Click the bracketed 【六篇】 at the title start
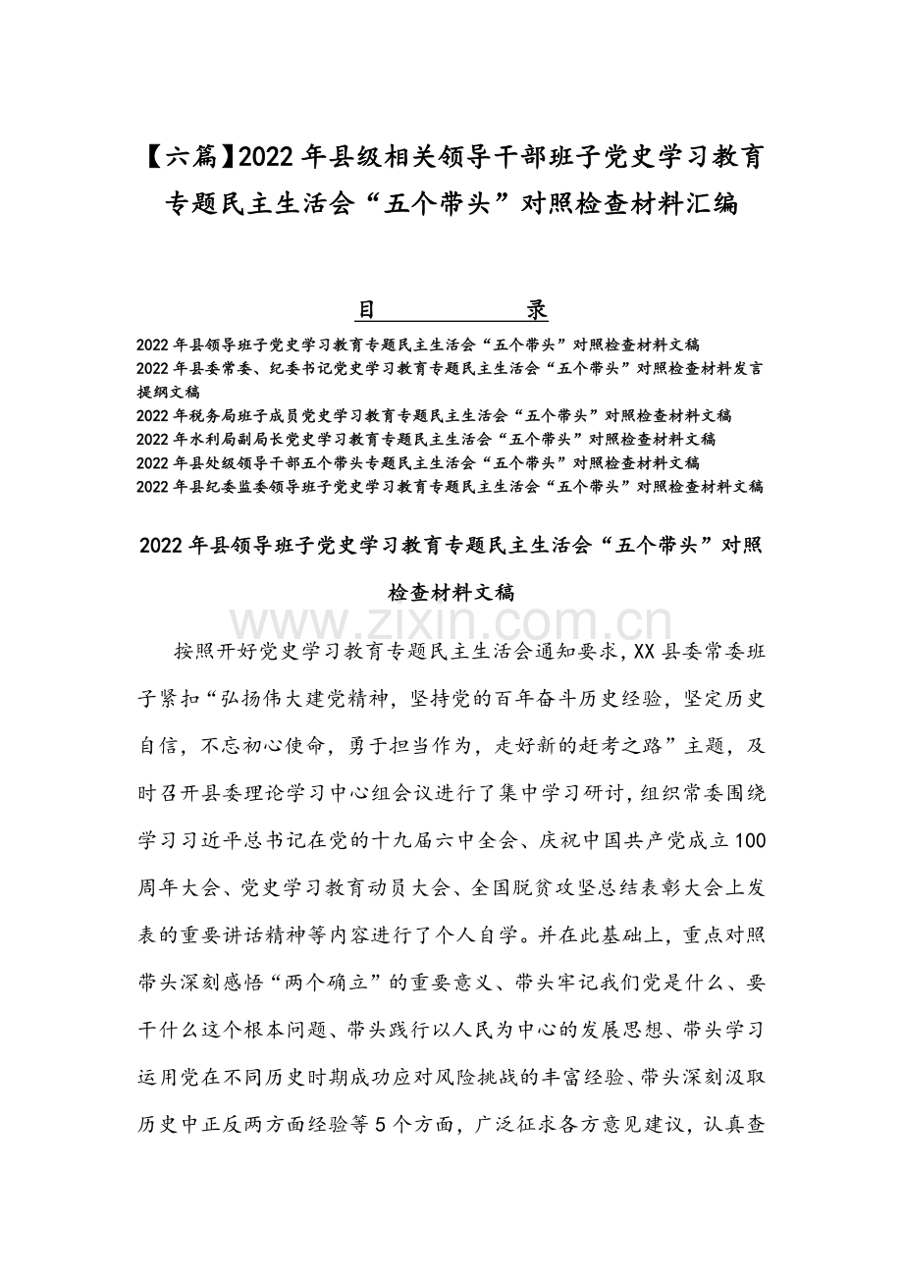click(187, 155)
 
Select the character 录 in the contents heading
click(536, 310)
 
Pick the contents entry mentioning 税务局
click(435, 415)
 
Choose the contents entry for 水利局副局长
click(427, 439)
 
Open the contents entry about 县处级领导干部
click(419, 462)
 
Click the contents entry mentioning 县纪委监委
click(451, 486)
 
